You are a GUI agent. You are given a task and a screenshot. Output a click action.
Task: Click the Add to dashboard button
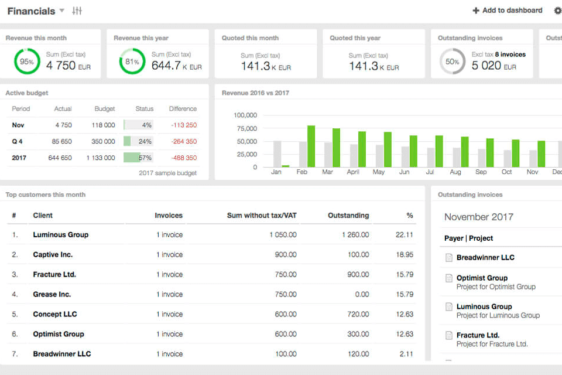pos(508,11)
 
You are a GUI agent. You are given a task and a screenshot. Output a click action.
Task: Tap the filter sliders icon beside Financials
pos(77,11)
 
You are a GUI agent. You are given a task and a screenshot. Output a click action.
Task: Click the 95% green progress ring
pos(27,62)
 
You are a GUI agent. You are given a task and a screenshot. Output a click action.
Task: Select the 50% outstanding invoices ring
pos(452,62)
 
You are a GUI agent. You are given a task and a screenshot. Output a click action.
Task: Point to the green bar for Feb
pos(311,146)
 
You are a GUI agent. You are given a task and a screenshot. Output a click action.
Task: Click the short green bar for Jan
pos(286,166)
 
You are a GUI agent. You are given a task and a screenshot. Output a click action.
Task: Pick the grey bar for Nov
pos(533,159)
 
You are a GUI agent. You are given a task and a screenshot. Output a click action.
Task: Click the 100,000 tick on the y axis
pos(245,115)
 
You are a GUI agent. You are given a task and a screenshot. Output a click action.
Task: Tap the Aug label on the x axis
pos(455,172)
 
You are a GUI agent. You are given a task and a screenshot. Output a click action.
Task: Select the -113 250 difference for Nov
pos(183,125)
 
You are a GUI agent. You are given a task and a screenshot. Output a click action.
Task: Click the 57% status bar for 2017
pos(138,158)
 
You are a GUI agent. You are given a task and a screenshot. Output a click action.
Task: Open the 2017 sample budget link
pos(167,173)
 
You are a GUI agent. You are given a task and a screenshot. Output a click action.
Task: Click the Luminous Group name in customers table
pos(61,235)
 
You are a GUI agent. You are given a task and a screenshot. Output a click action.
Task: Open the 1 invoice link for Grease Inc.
pos(169,295)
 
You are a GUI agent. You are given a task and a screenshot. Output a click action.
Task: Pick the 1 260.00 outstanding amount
pos(355,235)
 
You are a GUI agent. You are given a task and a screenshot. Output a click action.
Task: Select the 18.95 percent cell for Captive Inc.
pos(404,255)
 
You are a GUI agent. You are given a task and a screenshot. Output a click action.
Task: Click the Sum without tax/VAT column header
pos(262,216)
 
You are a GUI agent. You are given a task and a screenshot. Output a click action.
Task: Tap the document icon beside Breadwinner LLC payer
pos(449,258)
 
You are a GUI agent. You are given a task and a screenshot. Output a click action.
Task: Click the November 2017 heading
pos(478,217)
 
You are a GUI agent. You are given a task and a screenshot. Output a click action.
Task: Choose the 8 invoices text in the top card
pos(510,54)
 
